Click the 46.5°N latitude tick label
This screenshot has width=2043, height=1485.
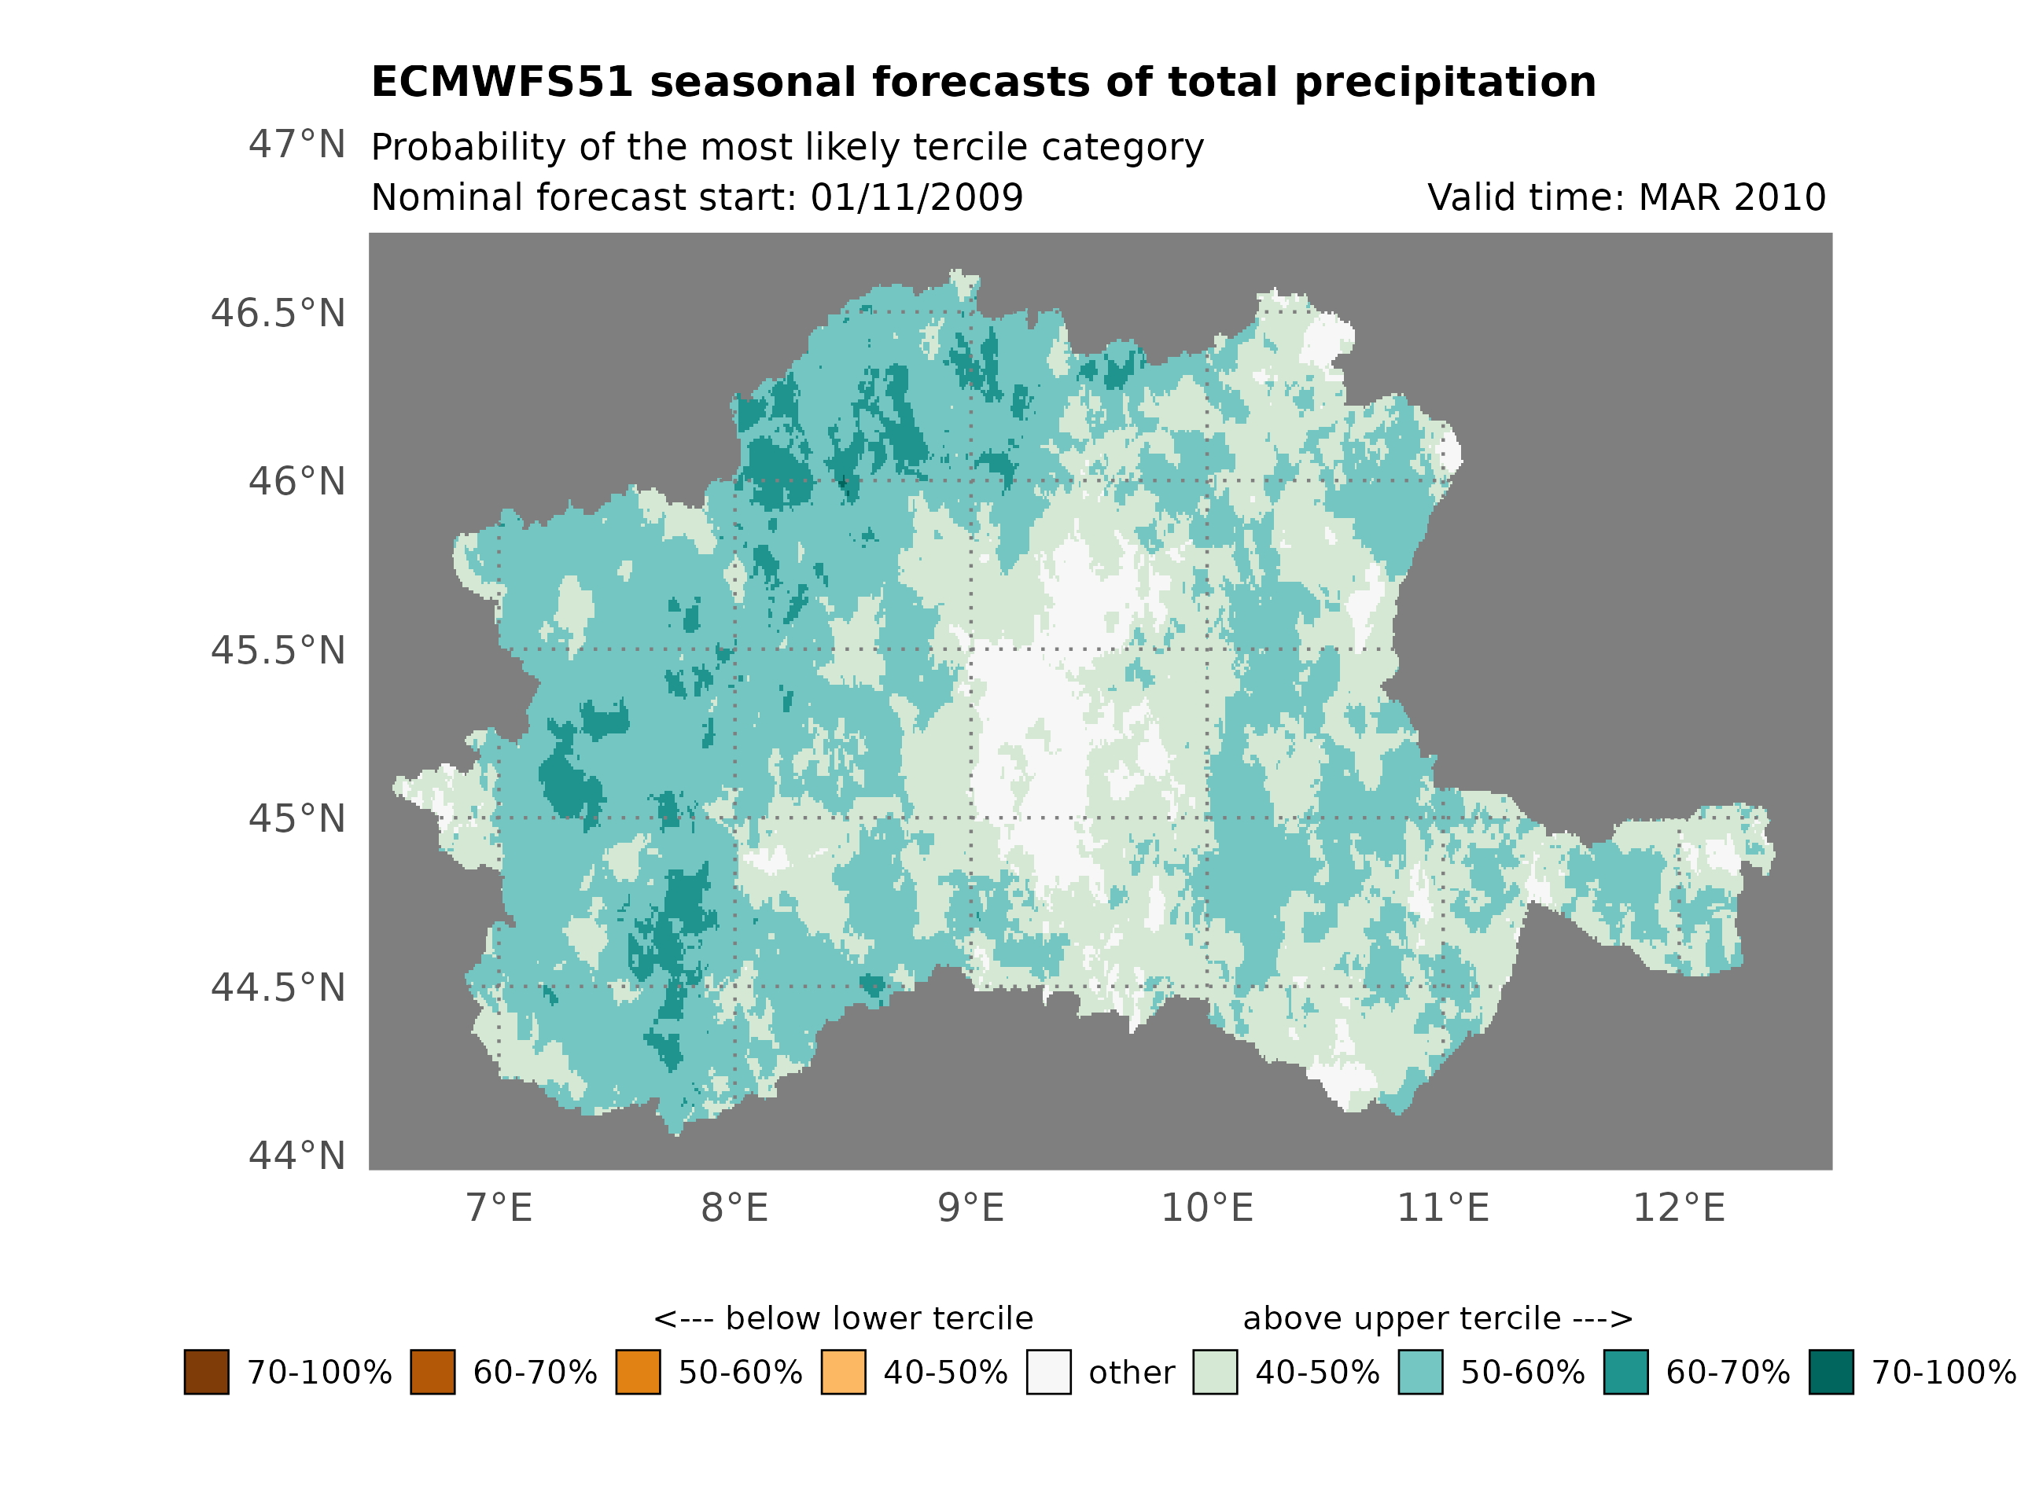tap(278, 314)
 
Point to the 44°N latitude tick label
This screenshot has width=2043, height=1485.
tap(296, 1156)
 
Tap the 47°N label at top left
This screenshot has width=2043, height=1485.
tap(296, 144)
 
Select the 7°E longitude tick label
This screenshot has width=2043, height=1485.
tap(499, 1207)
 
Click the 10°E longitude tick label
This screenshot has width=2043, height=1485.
tap(1206, 1207)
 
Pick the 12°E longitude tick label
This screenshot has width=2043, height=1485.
tap(1678, 1207)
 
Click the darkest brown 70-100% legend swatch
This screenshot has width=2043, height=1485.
tap(206, 1372)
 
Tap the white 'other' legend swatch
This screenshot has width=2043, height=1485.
tap(1048, 1372)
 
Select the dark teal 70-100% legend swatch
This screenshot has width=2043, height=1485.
tap(1831, 1372)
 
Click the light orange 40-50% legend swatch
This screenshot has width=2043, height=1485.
tap(843, 1372)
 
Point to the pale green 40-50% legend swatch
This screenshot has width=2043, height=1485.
tap(1214, 1372)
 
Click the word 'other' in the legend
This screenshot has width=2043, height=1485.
tap(1131, 1373)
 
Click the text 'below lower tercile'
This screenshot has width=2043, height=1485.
tap(878, 1318)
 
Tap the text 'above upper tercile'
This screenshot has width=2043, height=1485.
tap(1401, 1318)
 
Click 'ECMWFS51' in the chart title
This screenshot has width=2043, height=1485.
tap(502, 82)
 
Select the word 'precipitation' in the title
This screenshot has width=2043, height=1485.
tap(1445, 82)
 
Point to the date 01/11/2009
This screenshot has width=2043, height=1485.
tap(916, 197)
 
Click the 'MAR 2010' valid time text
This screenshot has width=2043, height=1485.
tap(1732, 197)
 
